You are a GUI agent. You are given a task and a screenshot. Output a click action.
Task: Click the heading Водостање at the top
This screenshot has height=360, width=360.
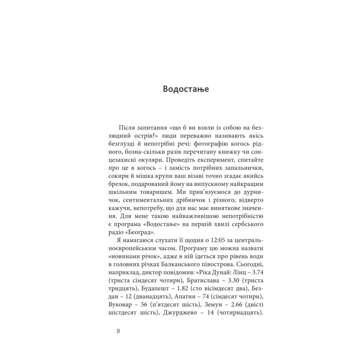point(186,89)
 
